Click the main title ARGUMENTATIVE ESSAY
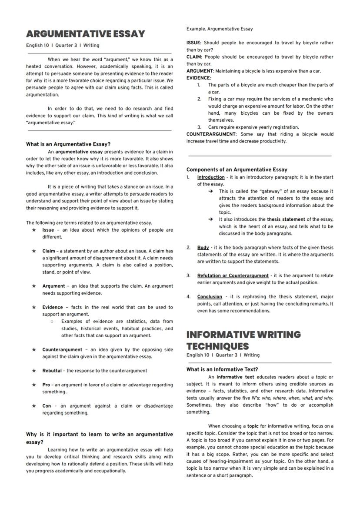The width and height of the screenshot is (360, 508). pos(86,34)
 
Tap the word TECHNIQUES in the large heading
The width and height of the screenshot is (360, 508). pos(217,346)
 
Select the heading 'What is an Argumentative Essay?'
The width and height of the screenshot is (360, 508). pos(68,144)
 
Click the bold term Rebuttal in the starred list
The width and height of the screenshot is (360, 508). pos(52,371)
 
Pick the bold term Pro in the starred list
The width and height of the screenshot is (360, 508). pos(46,385)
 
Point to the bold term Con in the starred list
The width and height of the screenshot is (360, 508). pos(47,406)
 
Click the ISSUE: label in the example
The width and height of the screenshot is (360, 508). pos(193,43)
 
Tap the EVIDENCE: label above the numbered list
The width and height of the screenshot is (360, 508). pos(199,78)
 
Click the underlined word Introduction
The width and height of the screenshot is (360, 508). pos(211,177)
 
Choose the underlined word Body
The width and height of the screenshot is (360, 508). pos(203,248)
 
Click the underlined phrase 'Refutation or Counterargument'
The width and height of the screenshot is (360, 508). pos(233,276)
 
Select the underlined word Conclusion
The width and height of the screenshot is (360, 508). pos(210,297)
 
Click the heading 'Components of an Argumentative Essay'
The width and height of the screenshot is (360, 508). pos(237,169)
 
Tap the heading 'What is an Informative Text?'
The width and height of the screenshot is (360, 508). pos(222,369)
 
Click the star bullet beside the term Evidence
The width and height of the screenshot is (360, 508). pos(33,307)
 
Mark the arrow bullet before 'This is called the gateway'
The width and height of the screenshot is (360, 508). pos(210,191)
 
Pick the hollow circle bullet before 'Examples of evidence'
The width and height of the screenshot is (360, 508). pos(52,322)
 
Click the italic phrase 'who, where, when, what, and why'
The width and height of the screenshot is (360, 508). pos(297,398)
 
